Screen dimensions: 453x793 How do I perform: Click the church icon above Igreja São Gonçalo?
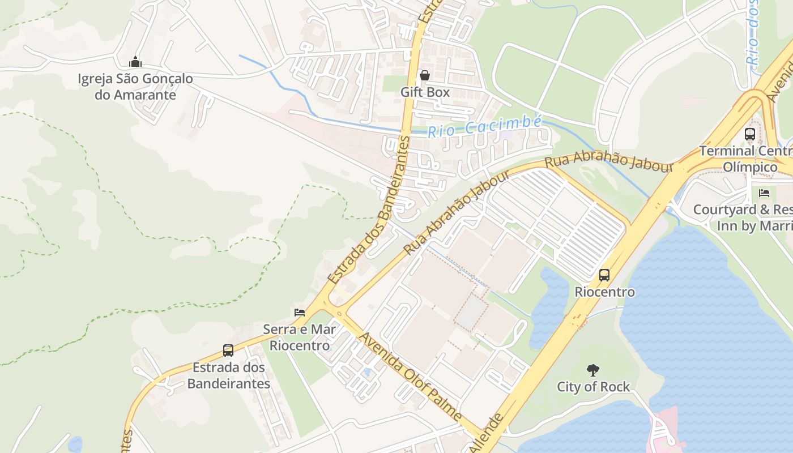[135, 62]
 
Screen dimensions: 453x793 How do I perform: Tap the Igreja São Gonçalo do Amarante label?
[135, 87]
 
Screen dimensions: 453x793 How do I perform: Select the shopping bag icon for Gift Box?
[425, 75]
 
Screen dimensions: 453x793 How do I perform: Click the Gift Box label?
[425, 92]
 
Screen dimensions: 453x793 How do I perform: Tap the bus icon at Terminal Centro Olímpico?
[750, 134]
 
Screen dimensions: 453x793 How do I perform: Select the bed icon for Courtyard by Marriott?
[764, 193]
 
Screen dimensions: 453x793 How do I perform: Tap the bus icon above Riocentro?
[604, 275]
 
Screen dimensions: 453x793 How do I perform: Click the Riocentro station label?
[604, 292]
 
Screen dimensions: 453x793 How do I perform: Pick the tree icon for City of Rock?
[593, 370]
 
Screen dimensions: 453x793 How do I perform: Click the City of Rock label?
[593, 387]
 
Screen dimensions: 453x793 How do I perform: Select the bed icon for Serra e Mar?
[300, 312]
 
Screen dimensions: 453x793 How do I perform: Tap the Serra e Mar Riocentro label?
[300, 337]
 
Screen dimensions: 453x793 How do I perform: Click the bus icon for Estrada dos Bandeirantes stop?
[228, 351]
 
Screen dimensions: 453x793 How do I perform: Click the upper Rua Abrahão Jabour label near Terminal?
[608, 160]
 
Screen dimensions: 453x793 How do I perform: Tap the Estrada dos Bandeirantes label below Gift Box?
[368, 210]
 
